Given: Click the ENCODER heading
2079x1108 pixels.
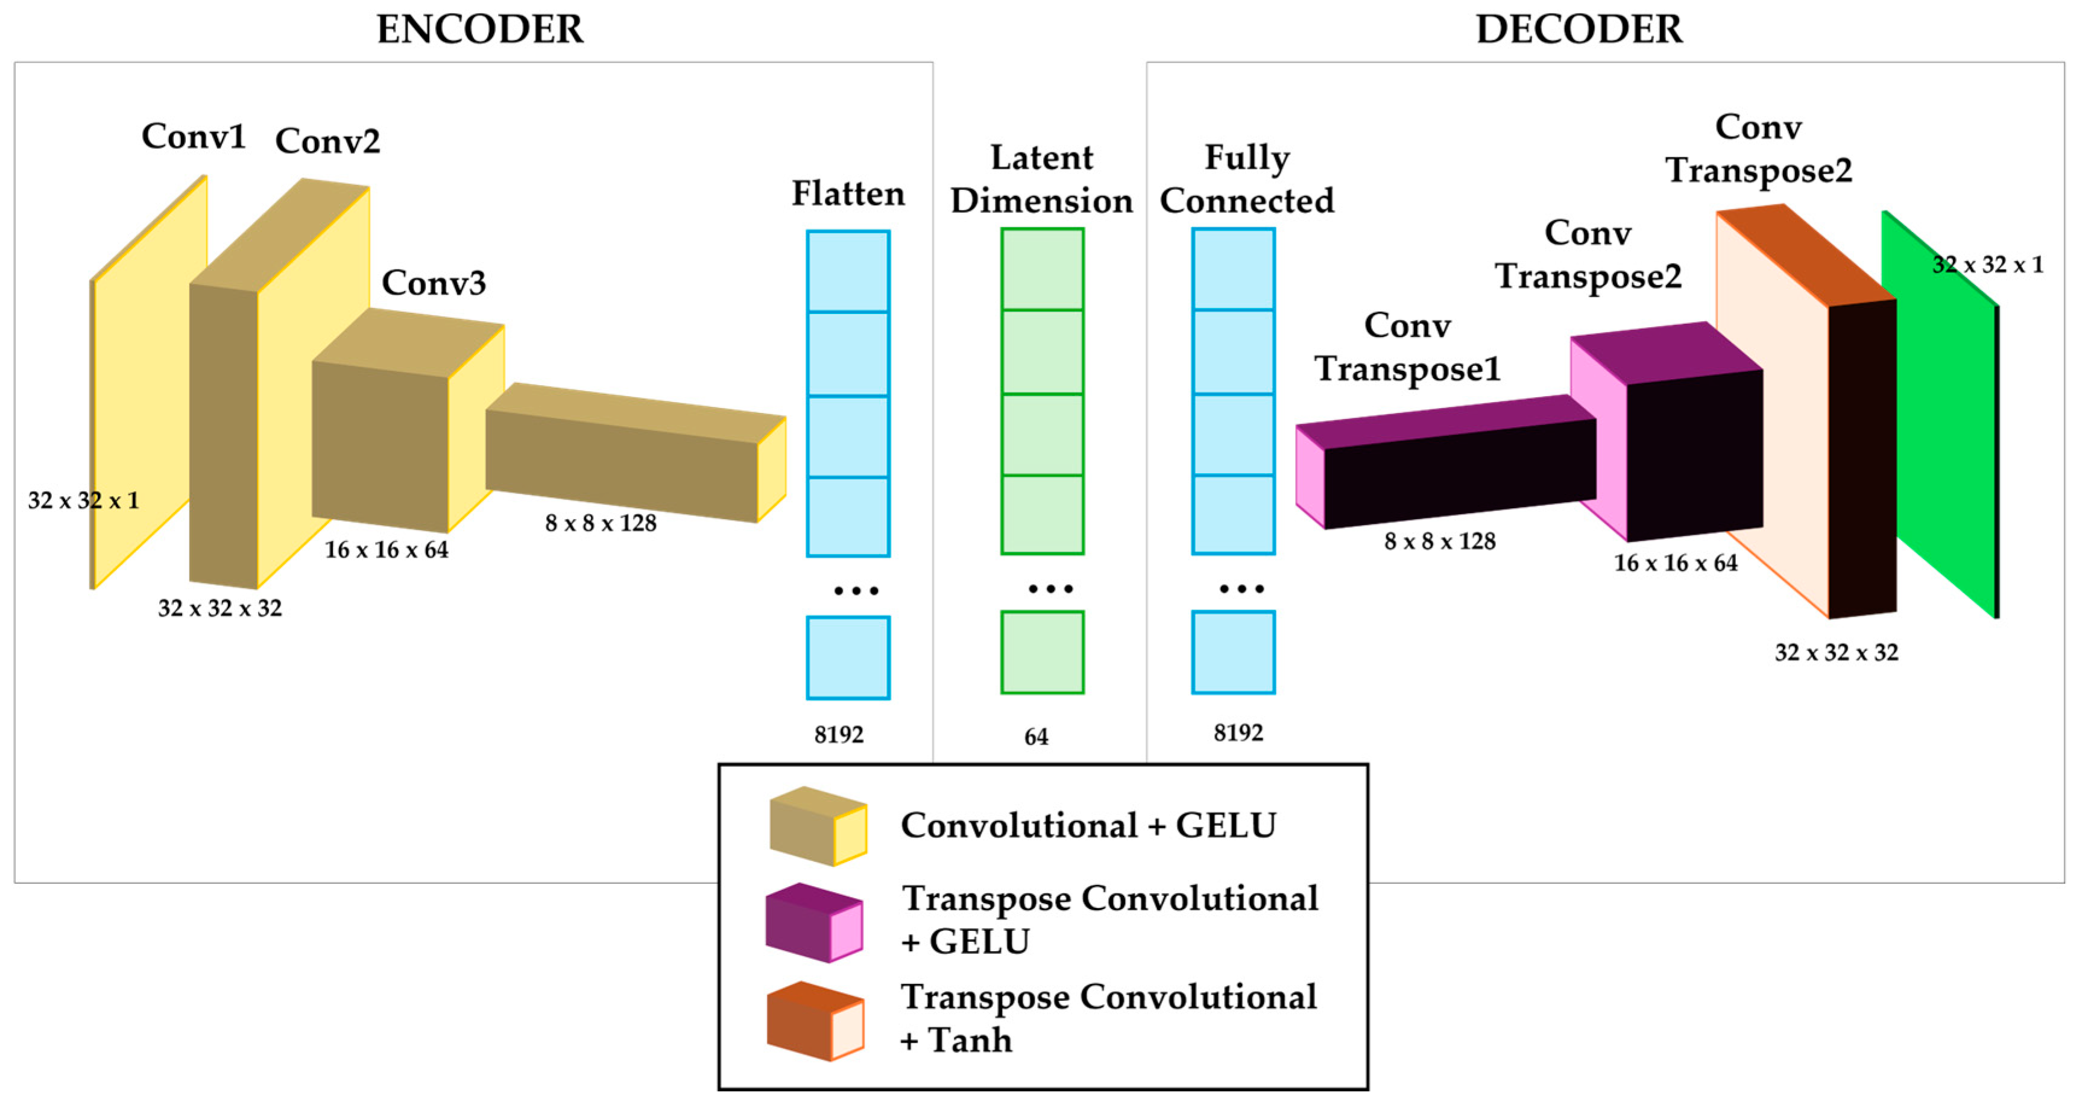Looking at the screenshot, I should [x=479, y=30].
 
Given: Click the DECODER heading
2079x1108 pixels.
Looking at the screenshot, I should [x=1579, y=30].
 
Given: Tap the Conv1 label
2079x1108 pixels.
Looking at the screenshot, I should [x=193, y=136].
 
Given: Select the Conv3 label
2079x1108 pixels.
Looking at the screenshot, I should [x=434, y=283].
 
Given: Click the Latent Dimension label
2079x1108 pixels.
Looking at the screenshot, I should [x=1041, y=179].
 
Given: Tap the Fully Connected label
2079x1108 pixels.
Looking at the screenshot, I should [x=1246, y=179].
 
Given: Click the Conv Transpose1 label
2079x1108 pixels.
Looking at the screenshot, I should [x=1407, y=347].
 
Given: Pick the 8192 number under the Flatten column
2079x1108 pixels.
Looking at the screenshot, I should [x=839, y=734].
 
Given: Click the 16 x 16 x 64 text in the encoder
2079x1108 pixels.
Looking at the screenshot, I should [x=386, y=550].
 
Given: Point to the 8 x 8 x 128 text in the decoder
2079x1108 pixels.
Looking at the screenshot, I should [x=1439, y=541].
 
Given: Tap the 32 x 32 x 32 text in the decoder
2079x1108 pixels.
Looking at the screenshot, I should [x=1835, y=653].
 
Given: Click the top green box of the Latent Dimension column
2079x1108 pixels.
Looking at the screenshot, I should [x=1042, y=269].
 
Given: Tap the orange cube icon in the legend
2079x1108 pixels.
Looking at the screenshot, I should [x=815, y=1021].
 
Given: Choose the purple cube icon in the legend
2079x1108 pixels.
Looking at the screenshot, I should [x=813, y=922].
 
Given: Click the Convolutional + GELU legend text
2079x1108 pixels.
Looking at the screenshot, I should [x=1087, y=825].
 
